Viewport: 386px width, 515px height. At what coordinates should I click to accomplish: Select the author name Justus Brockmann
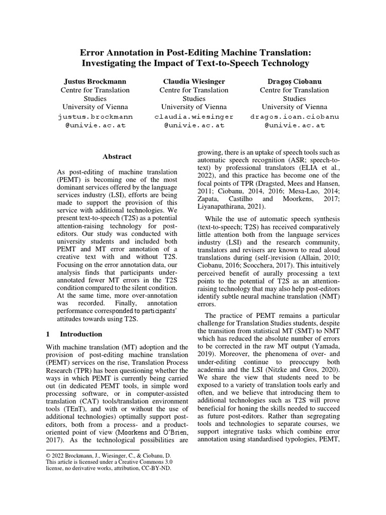(x=95, y=81)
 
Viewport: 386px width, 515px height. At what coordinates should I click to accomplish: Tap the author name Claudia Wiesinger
(x=194, y=81)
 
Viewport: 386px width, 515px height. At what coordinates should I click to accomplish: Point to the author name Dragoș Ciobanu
(x=294, y=81)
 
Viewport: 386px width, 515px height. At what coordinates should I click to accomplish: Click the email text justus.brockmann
(x=95, y=116)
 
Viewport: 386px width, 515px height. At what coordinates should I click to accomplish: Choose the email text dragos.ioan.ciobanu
(x=295, y=116)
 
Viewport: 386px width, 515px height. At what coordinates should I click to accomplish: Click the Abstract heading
(x=117, y=156)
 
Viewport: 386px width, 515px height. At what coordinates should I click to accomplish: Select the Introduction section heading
(x=81, y=334)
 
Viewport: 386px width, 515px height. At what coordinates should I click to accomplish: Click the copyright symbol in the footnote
(x=48, y=456)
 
